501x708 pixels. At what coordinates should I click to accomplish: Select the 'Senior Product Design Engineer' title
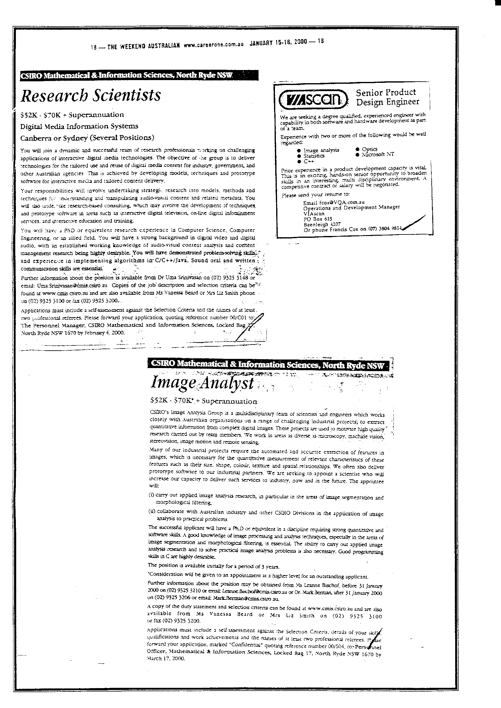pos(387,97)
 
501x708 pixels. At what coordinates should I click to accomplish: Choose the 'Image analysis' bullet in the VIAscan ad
pos(321,150)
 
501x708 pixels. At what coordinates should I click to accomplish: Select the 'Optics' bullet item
pos(370,149)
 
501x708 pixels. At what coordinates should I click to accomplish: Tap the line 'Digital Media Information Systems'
pos(79,126)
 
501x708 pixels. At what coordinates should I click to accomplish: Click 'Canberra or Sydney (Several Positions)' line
pos(87,138)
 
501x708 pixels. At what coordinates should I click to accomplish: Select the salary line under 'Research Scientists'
pos(72,115)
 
